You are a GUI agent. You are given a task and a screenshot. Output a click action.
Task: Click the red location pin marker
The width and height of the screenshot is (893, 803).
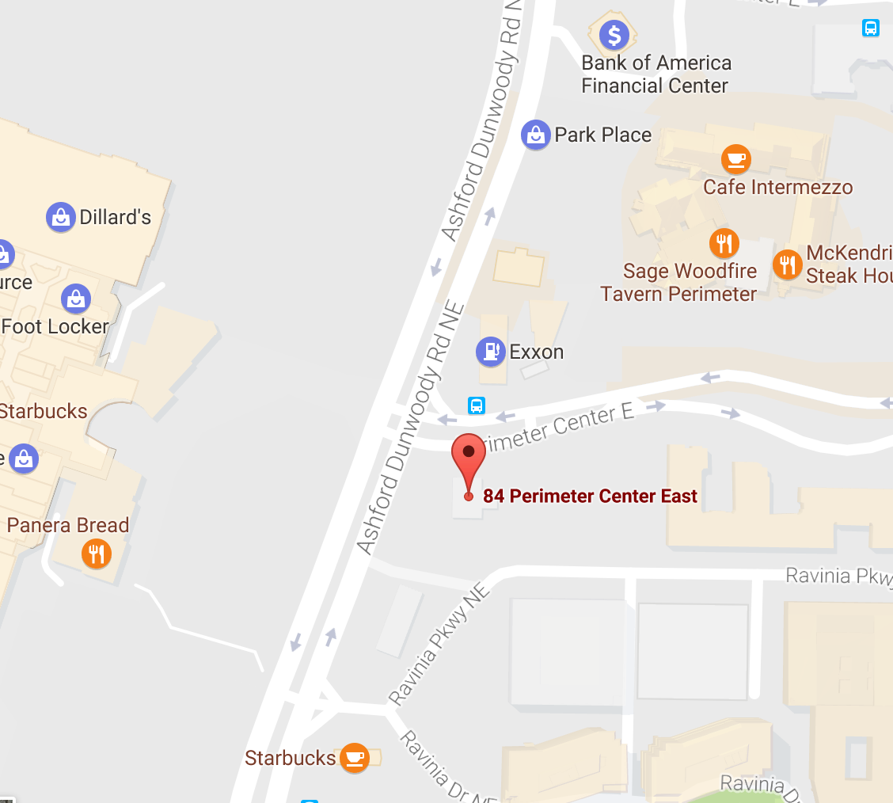coord(468,455)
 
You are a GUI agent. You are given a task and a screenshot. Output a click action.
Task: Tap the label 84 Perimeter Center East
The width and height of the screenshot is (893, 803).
coord(590,497)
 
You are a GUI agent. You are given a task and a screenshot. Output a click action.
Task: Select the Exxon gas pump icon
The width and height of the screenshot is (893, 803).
coord(491,351)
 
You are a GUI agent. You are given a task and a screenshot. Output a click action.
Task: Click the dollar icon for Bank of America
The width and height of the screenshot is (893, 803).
coord(614,34)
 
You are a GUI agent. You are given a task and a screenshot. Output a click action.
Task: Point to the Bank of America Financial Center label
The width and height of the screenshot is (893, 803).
coord(656,74)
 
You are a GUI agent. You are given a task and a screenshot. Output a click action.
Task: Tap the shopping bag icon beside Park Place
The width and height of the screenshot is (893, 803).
coord(536,135)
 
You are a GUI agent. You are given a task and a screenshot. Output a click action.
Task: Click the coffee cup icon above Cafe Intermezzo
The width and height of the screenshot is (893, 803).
coord(736,159)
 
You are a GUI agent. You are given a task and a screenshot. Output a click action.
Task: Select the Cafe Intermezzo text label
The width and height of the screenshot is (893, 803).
coord(777,188)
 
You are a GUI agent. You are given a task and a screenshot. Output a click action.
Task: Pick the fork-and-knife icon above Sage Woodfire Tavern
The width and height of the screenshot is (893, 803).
coord(724,243)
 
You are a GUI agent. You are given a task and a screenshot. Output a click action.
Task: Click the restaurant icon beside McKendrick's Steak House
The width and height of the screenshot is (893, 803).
coord(787,264)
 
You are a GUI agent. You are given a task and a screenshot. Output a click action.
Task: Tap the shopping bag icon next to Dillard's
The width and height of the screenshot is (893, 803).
coord(61,216)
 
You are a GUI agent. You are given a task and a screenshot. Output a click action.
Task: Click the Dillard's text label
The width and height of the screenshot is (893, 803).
coord(116,217)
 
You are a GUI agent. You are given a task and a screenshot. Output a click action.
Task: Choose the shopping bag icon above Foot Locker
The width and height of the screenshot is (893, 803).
coord(76,299)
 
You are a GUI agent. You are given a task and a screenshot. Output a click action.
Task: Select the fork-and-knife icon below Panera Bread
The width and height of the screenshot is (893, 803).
coord(97,554)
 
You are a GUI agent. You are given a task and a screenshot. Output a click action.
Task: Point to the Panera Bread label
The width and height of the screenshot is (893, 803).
coord(68,525)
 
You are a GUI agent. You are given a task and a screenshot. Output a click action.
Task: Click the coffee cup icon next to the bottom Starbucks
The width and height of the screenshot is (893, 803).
coord(354,758)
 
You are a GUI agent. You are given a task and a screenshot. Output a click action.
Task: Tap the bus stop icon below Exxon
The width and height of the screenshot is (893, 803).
coord(477,405)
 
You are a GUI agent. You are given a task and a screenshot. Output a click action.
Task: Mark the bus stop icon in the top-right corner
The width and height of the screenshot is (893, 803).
coord(871,29)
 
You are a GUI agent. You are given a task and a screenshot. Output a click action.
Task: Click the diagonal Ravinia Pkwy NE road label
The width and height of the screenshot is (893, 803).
coord(439,646)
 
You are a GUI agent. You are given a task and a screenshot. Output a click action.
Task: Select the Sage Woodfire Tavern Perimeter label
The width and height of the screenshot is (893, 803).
coord(678,283)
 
